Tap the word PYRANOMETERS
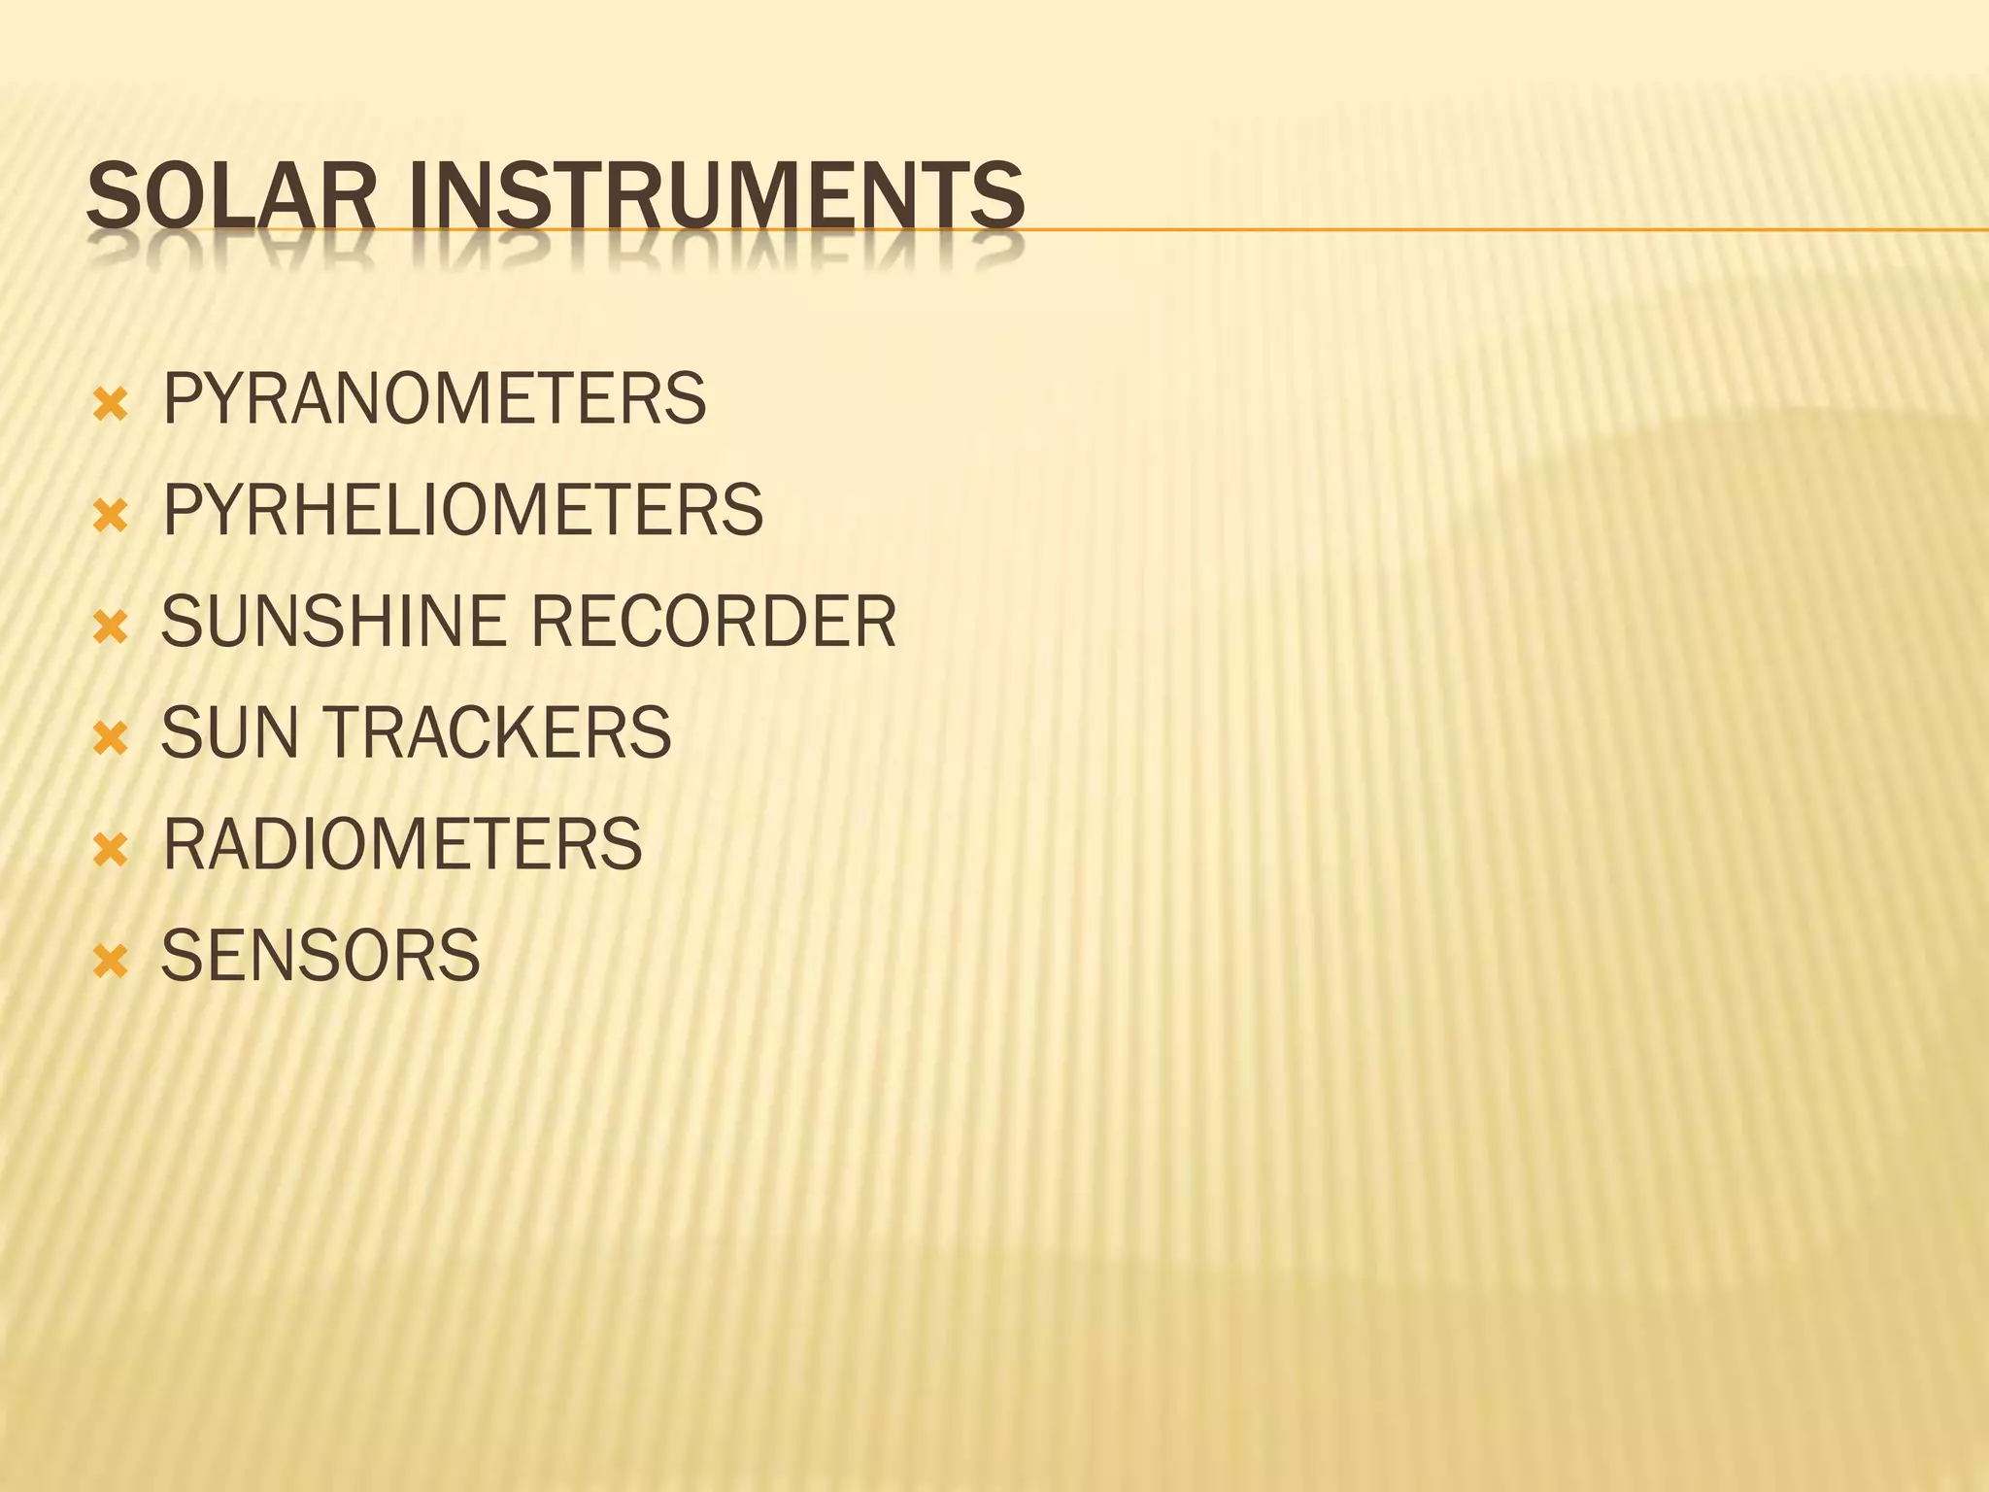click(434, 399)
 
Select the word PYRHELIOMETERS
click(462, 510)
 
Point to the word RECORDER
click(714, 622)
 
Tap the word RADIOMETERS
click(402, 844)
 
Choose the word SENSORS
click(320, 956)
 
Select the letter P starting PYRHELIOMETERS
click(182, 510)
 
